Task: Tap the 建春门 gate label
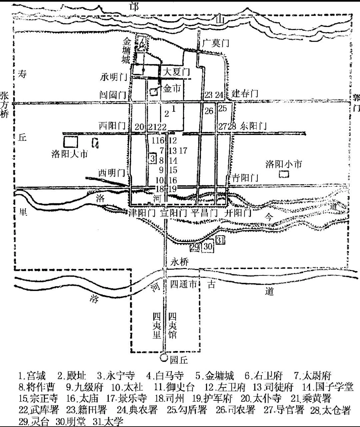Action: pos(245,93)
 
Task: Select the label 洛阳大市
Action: pos(70,154)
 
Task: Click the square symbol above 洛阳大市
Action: pos(70,142)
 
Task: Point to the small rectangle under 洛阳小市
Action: pos(284,174)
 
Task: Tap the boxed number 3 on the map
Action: pos(153,158)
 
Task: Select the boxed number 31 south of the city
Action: pos(220,240)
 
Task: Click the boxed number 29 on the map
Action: pos(195,247)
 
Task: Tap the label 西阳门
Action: pos(112,126)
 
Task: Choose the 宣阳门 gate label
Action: pos(173,213)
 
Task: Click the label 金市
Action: pos(172,88)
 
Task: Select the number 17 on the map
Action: pos(183,151)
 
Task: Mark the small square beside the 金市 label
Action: pos(153,92)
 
